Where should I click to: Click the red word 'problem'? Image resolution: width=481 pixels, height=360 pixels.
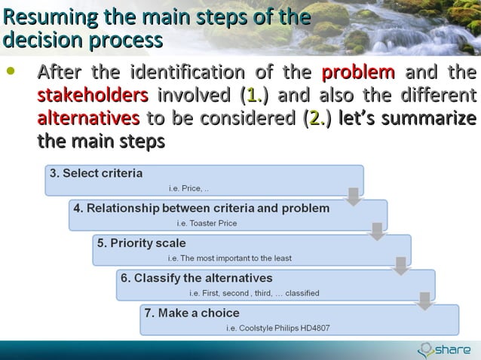358,73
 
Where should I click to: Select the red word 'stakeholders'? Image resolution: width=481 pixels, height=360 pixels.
93,96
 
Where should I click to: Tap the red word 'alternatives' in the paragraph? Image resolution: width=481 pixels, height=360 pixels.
88,118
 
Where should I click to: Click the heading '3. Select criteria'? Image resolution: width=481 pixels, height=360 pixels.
96,173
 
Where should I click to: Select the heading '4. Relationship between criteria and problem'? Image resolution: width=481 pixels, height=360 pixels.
201,208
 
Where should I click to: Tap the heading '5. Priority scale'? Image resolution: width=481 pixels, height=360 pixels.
141,243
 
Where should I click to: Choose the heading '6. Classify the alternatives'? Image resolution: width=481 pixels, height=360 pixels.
197,278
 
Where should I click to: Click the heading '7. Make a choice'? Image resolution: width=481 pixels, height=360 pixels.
192,313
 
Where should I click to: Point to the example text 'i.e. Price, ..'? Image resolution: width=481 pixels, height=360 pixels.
188,188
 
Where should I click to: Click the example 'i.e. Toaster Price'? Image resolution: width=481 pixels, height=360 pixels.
207,223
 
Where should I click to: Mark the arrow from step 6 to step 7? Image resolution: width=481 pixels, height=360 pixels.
425,301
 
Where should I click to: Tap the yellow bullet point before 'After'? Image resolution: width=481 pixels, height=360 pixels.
10,73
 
